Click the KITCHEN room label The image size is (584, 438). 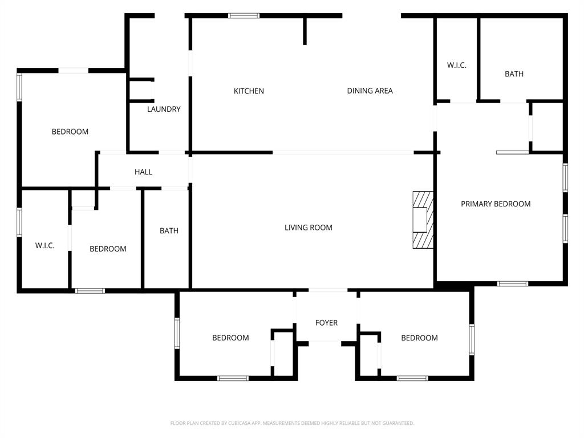coord(249,91)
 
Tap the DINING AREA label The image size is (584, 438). coord(370,91)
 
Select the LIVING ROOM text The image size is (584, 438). coord(308,228)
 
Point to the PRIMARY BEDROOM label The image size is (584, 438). coord(496,204)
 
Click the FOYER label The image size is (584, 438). coord(326,323)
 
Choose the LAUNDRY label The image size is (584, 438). coord(164,109)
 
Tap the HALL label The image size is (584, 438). coord(143,172)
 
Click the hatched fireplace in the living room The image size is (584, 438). coord(423,220)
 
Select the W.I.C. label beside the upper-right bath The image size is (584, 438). coord(456,66)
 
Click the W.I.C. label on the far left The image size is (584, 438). coord(44,245)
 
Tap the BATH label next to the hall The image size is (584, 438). coord(169,231)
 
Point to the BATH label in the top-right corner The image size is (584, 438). coord(514,74)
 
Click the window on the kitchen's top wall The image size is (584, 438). coord(244,15)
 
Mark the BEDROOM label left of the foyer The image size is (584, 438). coord(230,338)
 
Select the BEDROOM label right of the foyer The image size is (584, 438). coord(419,338)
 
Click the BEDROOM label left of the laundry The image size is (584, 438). coord(70,132)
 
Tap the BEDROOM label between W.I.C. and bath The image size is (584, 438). coord(108,249)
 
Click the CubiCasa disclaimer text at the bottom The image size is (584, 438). coord(292,423)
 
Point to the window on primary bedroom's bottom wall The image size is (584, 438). coord(512,283)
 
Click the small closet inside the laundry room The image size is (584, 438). coord(140,91)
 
